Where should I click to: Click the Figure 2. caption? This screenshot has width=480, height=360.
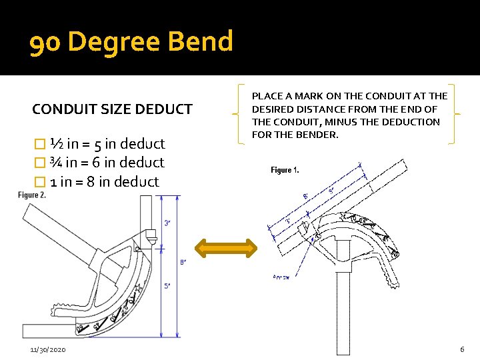tap(32, 195)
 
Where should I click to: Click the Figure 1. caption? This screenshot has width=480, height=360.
tap(285, 171)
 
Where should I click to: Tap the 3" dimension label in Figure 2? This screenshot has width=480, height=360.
tap(167, 223)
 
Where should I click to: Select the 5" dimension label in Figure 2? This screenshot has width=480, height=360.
tap(167, 285)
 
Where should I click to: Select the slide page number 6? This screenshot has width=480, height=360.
tap(461, 350)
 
